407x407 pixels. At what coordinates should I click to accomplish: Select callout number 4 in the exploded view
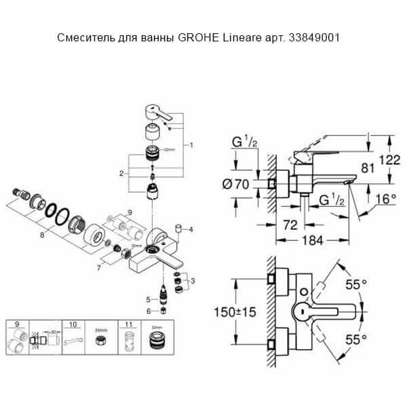pos(191,229)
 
